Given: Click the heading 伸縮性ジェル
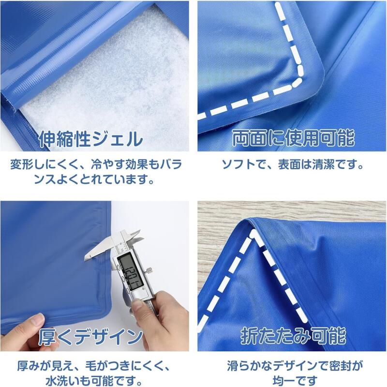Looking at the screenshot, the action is (x=91, y=139).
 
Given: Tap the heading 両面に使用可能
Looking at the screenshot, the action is (x=294, y=138).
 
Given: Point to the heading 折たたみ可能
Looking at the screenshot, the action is (x=294, y=336).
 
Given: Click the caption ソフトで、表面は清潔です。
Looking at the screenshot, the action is (x=293, y=164).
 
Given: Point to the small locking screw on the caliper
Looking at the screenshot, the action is (x=149, y=271).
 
